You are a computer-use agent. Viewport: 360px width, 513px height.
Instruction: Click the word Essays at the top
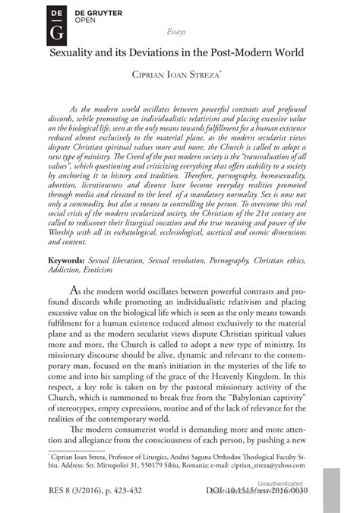pos(177,34)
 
